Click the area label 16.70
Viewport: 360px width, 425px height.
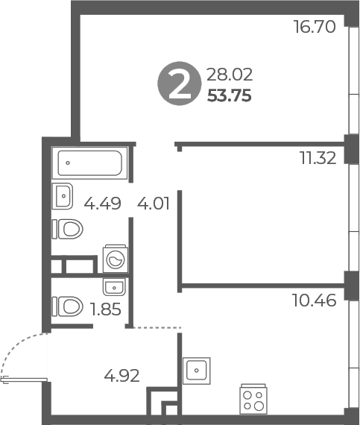pyautogui.click(x=315, y=28)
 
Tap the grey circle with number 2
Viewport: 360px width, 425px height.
pyautogui.click(x=177, y=84)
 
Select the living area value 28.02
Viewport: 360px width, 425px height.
pyautogui.click(x=230, y=74)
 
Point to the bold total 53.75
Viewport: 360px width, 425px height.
pyautogui.click(x=230, y=95)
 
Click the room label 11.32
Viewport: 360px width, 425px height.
pyautogui.click(x=318, y=157)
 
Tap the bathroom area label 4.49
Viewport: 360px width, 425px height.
pyautogui.click(x=101, y=204)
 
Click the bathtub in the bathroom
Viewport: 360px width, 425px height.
pyautogui.click(x=89, y=162)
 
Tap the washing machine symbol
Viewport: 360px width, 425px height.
pyautogui.click(x=116, y=258)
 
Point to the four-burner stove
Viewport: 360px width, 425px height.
pyautogui.click(x=253, y=398)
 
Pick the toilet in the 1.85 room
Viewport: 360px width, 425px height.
pyautogui.click(x=67, y=306)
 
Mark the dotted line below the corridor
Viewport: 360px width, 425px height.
pyautogui.click(x=157, y=327)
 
